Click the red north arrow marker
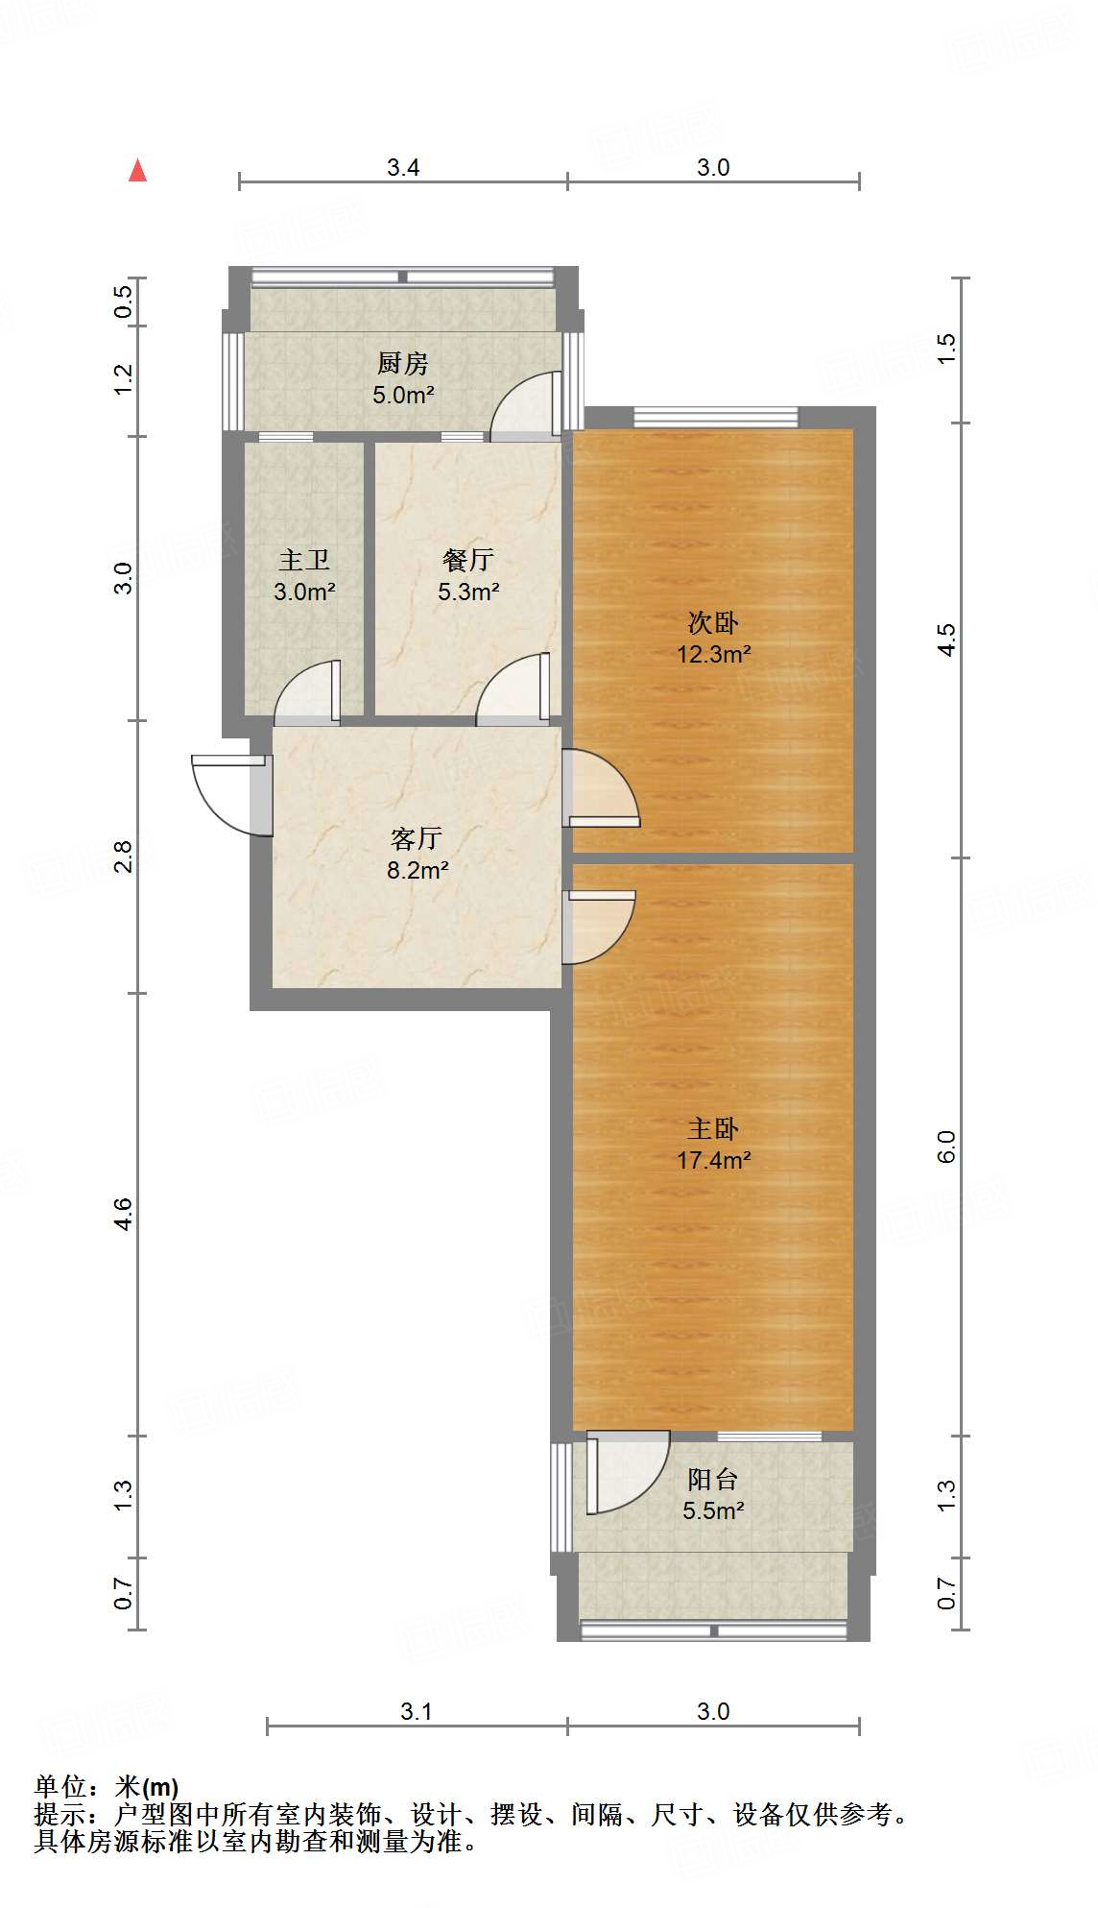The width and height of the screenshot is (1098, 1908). coord(138,171)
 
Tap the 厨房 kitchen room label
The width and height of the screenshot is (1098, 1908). coord(402,363)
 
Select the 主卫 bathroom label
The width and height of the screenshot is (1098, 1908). coord(304,560)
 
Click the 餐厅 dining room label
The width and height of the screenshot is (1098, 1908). coord(468,560)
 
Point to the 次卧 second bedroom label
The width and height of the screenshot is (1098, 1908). coord(713,622)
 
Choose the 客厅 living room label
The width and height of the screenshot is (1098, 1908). coord(417,838)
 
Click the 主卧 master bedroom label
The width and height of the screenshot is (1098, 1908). coord(713,1128)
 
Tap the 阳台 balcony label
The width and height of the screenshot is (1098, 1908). coord(713,1479)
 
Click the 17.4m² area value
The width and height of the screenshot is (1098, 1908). coord(713,1160)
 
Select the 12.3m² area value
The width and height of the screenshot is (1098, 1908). coord(713,654)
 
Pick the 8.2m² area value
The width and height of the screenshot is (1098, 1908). coord(418,870)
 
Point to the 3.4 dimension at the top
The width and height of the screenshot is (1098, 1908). coord(403,167)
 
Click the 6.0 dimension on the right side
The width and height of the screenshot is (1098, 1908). coord(946,1147)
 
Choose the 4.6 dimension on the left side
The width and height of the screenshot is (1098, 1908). coord(124,1214)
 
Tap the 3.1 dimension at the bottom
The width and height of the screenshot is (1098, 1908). coord(417,1711)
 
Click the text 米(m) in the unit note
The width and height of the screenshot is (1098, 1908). coord(146,1787)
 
